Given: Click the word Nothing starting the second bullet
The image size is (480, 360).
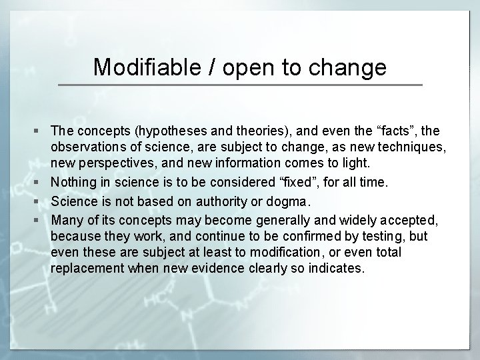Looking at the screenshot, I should (73, 181).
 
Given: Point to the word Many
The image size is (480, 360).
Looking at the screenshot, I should (65, 219).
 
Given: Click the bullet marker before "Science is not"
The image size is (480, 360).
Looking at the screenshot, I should (42, 201).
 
